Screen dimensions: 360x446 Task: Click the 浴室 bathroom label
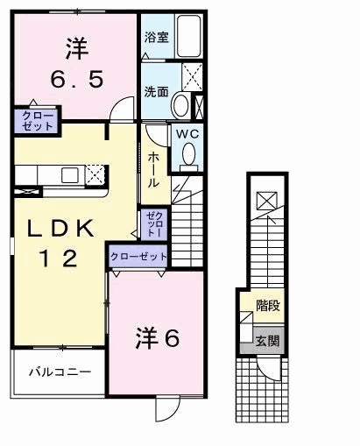[x=157, y=37]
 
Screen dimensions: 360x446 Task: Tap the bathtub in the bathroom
[x=189, y=36]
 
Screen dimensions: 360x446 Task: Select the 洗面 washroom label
[x=157, y=92]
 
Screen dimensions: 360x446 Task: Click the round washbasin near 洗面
[x=181, y=105]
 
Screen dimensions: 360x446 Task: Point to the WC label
[x=187, y=134]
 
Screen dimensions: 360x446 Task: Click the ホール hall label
[x=153, y=170]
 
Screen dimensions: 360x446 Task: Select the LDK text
[x=61, y=228]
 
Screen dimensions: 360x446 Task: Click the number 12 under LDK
[x=60, y=258]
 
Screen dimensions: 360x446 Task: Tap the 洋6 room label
[x=157, y=338]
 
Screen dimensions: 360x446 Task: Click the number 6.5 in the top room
[x=77, y=80]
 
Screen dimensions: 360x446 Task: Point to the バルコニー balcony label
[x=60, y=372]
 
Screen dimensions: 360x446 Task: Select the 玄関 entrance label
[x=268, y=341]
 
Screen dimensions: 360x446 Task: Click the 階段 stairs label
[x=268, y=305]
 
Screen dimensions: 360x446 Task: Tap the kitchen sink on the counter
[x=70, y=175]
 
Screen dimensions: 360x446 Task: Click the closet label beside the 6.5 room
[x=38, y=121]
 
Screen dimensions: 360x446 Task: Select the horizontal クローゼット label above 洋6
[x=138, y=257]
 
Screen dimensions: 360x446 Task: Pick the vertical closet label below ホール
[x=154, y=224]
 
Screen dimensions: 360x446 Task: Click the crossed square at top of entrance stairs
[x=266, y=201]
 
